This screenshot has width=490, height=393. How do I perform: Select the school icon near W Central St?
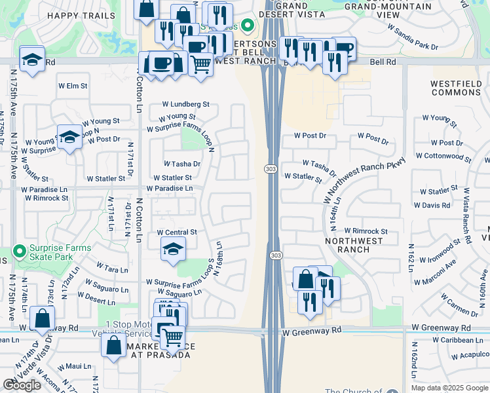pyautogui.click(x=173, y=250)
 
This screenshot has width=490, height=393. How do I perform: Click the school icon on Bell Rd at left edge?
pyautogui.click(x=31, y=59)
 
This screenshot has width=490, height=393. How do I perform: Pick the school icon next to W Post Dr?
pyautogui.click(x=69, y=137)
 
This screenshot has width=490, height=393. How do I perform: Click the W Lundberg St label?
pyautogui.click(x=185, y=104)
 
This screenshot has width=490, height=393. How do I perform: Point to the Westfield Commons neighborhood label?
pyautogui.click(x=456, y=88)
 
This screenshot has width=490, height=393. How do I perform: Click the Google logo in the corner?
pyautogui.click(x=22, y=385)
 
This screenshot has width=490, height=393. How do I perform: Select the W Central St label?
pyautogui.click(x=177, y=233)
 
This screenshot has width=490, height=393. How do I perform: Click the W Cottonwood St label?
pyautogui.click(x=447, y=156)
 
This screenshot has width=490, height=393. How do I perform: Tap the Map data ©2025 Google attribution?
pyautogui.click(x=450, y=388)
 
